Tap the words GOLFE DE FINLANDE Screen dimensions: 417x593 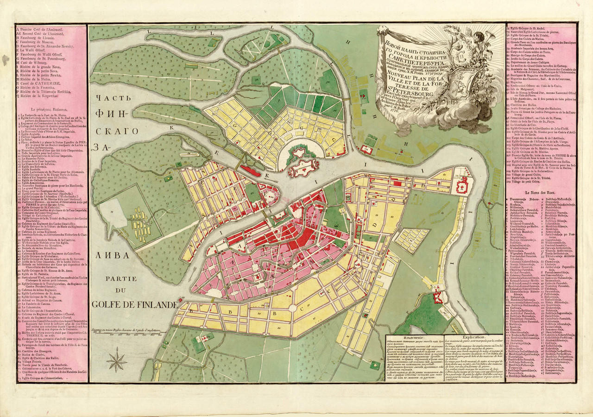135,304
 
